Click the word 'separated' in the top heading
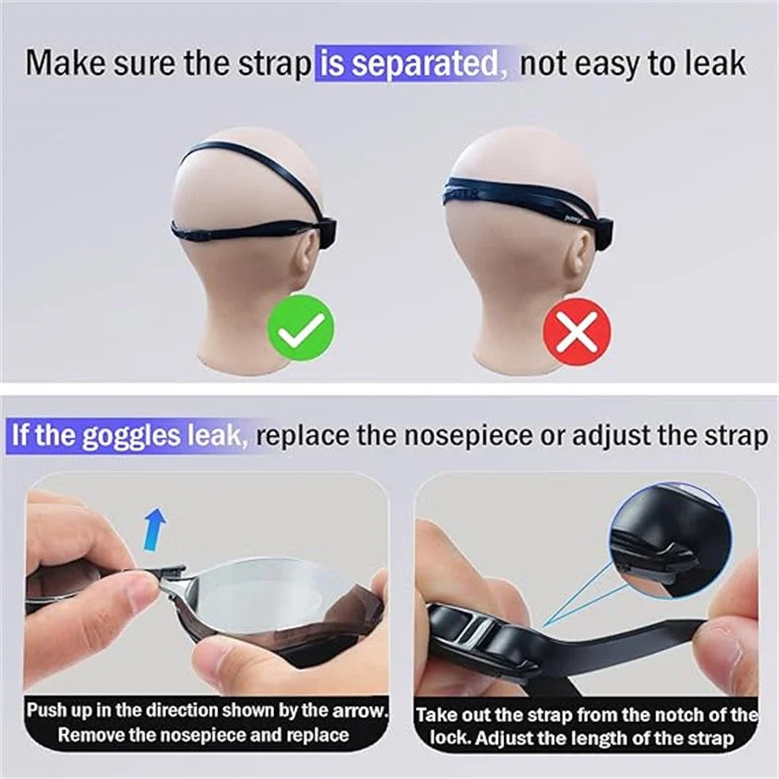pyautogui.click(x=425, y=64)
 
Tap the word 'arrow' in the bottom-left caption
pyautogui.click(x=362, y=710)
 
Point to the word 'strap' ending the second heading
pyautogui.click(x=733, y=435)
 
